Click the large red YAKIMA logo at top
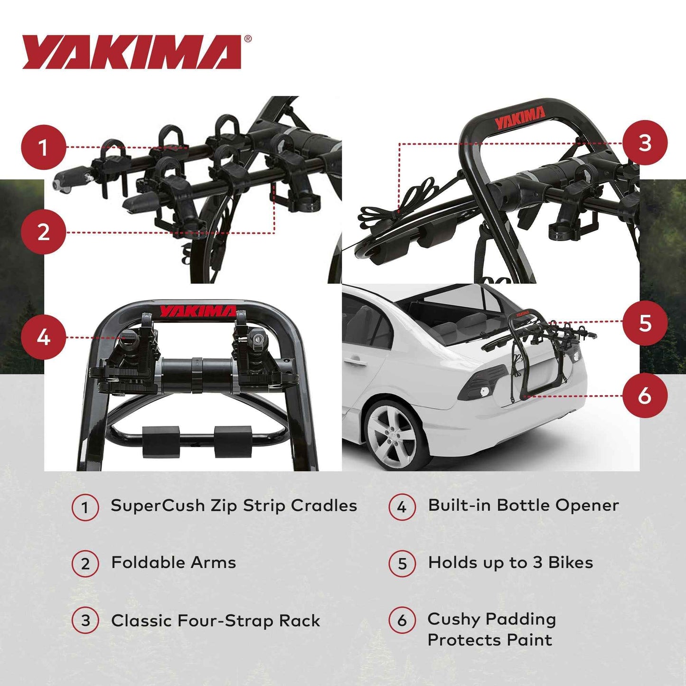pyautogui.click(x=132, y=52)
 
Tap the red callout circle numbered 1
pyautogui.click(x=43, y=147)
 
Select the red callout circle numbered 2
pyautogui.click(x=43, y=232)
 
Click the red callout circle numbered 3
pyautogui.click(x=645, y=143)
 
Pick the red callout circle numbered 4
pyautogui.click(x=43, y=338)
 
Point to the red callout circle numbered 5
pyautogui.click(x=645, y=323)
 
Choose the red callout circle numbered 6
pyautogui.click(x=645, y=395)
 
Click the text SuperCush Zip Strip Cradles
pyautogui.click(x=234, y=506)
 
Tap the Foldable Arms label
pyautogui.click(x=173, y=563)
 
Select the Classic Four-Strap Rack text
pyautogui.click(x=216, y=621)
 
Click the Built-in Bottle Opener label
pyautogui.click(x=523, y=506)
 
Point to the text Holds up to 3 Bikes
pyautogui.click(x=510, y=563)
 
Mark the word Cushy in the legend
pyautogui.click(x=453, y=619)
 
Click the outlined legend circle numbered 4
pyautogui.click(x=402, y=507)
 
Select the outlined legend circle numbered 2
pyautogui.click(x=85, y=564)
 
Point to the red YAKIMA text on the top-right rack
pyautogui.click(x=520, y=118)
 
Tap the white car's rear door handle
pyautogui.click(x=357, y=362)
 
